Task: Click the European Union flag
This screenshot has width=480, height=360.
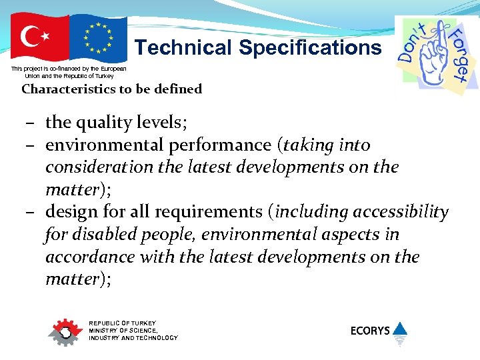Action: (99, 38)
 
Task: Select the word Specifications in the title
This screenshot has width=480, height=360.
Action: (310, 48)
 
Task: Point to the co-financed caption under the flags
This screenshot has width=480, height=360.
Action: (69, 73)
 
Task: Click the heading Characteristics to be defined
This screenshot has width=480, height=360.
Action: (111, 89)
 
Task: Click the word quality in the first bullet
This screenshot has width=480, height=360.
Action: (109, 123)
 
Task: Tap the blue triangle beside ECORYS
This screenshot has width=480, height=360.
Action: (399, 329)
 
